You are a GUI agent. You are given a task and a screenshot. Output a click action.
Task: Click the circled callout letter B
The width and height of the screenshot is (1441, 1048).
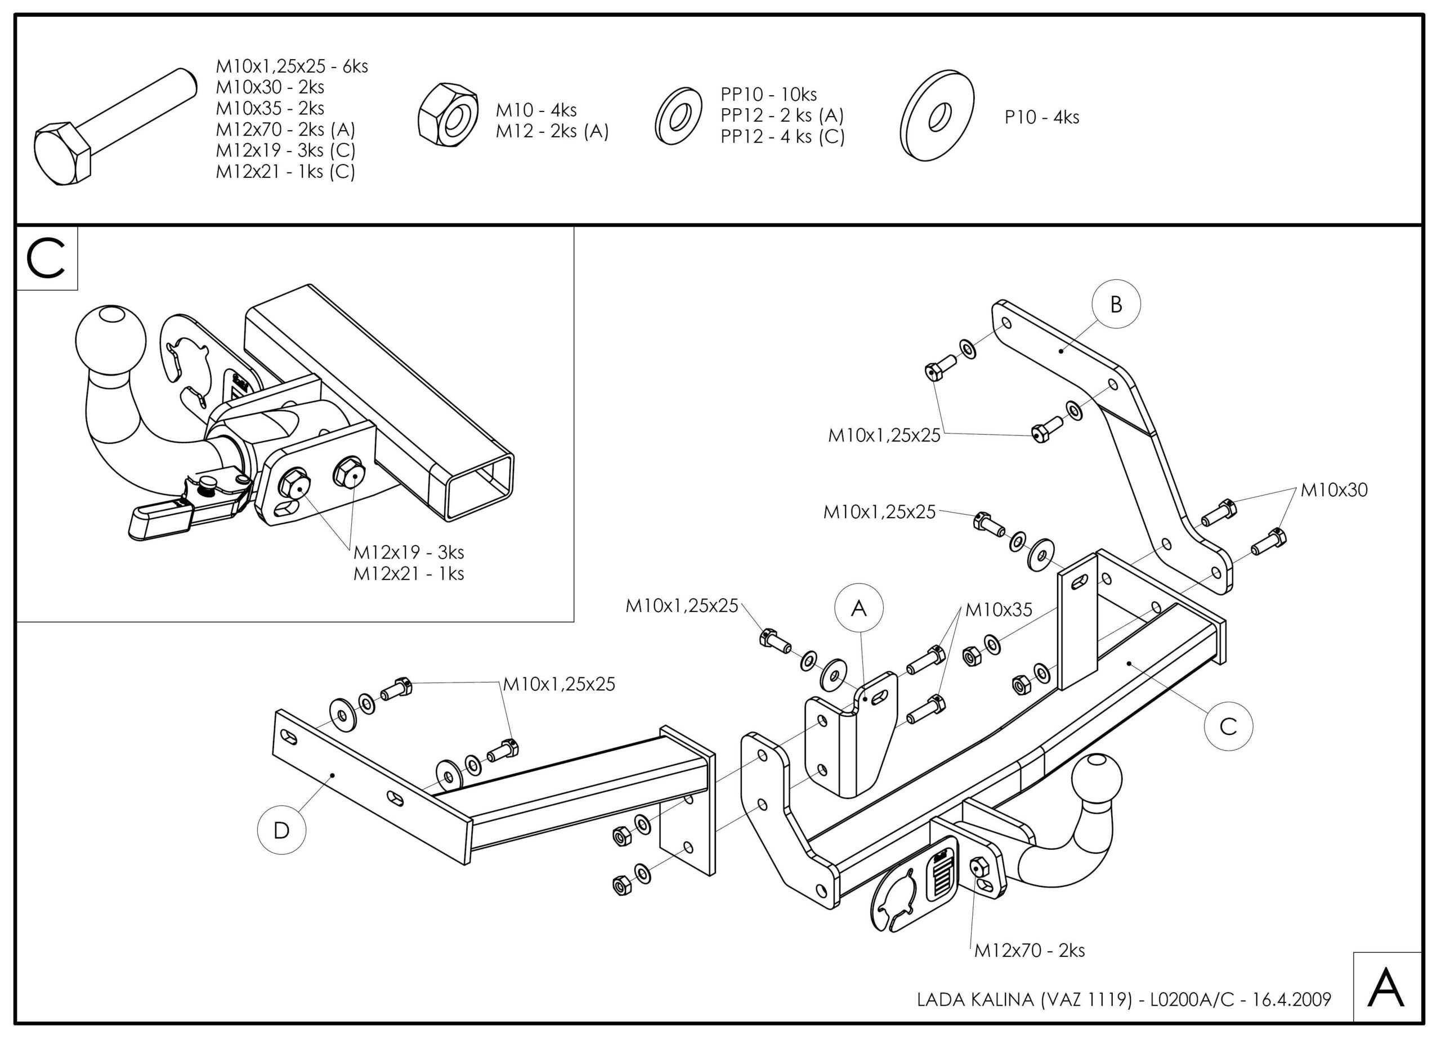[1116, 305]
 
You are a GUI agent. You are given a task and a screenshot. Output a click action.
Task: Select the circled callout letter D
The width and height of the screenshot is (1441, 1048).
[281, 830]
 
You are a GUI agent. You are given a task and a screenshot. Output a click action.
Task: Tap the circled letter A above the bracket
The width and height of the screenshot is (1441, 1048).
[859, 608]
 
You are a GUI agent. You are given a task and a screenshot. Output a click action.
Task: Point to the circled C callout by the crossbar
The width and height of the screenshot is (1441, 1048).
[1228, 726]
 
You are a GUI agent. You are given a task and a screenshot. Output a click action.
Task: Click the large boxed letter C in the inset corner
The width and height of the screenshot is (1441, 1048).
[46, 258]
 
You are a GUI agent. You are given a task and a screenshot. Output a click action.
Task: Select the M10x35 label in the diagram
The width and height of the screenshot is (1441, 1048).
[999, 609]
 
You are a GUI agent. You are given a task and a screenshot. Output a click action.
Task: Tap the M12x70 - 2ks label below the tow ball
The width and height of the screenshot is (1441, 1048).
[1030, 950]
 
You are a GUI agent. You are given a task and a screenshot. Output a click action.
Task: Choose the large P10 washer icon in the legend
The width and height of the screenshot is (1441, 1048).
[938, 115]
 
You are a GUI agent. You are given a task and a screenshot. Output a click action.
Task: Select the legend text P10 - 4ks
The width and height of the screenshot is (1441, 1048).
[1042, 118]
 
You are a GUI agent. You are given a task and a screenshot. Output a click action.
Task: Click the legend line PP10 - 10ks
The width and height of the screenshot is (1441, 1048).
[769, 95]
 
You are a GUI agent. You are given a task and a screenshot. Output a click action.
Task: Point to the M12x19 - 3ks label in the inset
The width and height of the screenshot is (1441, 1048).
[409, 552]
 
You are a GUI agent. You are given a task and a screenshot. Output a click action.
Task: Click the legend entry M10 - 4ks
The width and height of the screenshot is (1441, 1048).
[536, 110]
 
